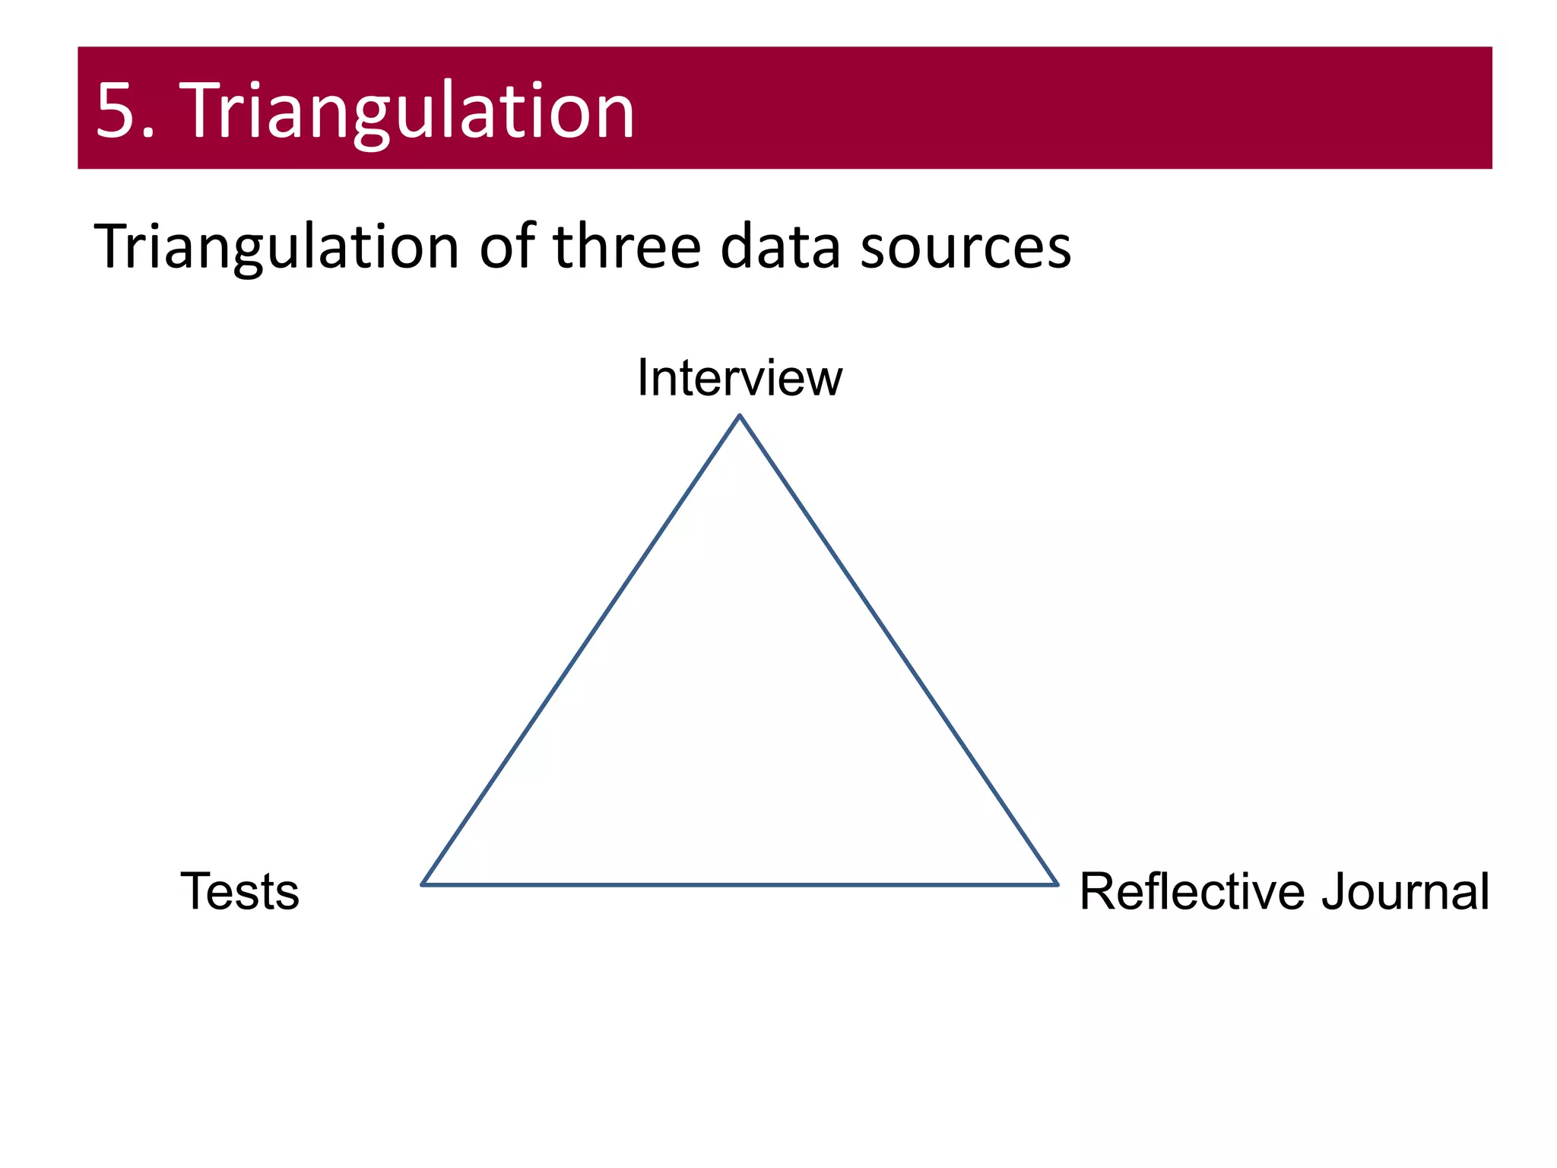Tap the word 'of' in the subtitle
[x=506, y=247]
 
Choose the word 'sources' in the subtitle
[x=966, y=247]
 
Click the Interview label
[x=739, y=378]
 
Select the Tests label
[x=239, y=891]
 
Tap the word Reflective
[x=1193, y=891]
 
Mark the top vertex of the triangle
[x=740, y=416]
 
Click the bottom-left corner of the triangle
[x=423, y=884]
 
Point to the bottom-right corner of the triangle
[x=1057, y=884]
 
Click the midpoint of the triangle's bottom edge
[x=740, y=884]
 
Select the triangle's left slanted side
[x=581, y=650]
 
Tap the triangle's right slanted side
[x=899, y=650]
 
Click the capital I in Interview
[x=643, y=378]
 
